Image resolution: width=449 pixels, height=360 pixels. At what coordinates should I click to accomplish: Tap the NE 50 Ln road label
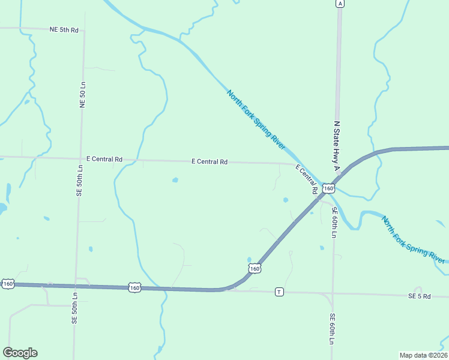[83, 95]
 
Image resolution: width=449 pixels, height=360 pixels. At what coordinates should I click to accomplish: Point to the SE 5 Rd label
[420, 296]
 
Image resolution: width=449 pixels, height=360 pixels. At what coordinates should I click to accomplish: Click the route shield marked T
[279, 292]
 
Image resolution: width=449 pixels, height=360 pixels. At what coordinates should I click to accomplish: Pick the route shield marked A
[340, 4]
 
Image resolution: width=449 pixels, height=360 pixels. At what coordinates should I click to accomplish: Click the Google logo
[20, 353]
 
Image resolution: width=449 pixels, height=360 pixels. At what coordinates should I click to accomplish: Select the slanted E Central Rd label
[306, 178]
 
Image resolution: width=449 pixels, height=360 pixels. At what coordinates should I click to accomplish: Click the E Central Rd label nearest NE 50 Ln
[104, 159]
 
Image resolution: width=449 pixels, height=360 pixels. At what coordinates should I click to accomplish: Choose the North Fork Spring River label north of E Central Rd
[256, 120]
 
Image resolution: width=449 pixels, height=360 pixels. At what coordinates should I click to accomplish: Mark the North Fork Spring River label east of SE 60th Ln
[414, 239]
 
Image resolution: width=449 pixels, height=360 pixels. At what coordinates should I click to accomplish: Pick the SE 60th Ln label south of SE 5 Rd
[331, 328]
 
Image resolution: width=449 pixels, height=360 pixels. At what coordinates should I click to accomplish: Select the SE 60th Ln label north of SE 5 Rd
[334, 222]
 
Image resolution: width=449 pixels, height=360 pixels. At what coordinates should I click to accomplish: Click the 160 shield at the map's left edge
[8, 283]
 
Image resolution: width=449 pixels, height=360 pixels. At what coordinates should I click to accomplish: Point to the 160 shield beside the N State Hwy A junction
[328, 188]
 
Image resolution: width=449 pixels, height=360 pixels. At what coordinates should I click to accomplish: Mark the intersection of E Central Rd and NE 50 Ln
[80, 158]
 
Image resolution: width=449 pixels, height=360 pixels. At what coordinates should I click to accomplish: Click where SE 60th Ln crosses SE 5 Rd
[333, 294]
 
